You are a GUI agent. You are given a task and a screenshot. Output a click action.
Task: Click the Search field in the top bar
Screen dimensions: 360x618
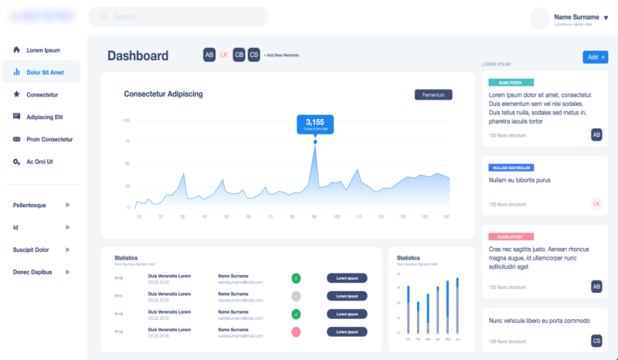pos(178,16)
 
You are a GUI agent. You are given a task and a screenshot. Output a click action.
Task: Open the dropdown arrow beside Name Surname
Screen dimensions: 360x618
pos(606,18)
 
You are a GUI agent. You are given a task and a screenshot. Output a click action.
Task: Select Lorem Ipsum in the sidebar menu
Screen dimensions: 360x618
pos(42,50)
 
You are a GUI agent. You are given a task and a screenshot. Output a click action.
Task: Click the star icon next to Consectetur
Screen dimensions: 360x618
pos(17,94)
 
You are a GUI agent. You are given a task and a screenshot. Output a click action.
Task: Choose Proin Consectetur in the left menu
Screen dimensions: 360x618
pos(49,139)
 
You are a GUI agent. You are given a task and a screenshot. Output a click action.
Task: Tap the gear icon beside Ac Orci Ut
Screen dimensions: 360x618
pos(17,161)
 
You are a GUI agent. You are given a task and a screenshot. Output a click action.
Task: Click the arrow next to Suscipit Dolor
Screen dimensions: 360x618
pos(68,250)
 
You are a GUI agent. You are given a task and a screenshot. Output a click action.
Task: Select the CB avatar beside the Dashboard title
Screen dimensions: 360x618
pos(239,55)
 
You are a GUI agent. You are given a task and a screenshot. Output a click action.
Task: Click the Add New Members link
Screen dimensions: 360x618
pos(281,56)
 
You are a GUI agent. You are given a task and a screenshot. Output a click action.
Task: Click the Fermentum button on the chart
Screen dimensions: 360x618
pos(433,94)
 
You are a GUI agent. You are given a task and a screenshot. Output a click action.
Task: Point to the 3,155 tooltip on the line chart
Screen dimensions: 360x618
pos(314,124)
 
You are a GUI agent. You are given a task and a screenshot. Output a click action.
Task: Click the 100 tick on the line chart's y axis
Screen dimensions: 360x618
pos(126,121)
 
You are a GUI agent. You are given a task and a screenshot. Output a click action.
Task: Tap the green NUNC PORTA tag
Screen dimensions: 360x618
pos(510,82)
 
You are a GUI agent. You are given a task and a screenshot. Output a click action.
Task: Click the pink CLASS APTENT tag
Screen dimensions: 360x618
pos(511,236)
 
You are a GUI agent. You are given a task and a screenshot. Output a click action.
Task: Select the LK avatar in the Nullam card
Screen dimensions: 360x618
pos(596,204)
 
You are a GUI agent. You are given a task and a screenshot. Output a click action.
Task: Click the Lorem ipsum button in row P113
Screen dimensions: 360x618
pos(347,331)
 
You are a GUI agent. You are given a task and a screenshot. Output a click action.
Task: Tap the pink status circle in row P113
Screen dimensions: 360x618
pos(296,331)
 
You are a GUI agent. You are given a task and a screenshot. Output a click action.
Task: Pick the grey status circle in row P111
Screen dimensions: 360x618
pos(296,296)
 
